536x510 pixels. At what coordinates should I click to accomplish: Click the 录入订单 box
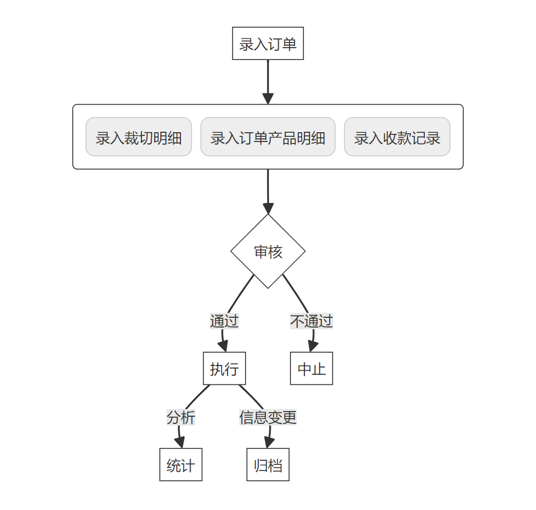(267, 44)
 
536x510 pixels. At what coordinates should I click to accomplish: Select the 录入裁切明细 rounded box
(138, 137)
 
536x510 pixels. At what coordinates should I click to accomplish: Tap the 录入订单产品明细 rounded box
(267, 137)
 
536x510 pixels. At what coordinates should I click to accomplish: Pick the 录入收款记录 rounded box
(397, 137)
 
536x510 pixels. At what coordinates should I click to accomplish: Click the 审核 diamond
(268, 251)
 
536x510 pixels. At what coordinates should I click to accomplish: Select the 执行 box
(224, 369)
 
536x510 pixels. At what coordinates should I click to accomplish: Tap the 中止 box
(312, 369)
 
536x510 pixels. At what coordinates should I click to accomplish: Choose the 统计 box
(181, 465)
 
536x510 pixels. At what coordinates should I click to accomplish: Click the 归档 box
(268, 465)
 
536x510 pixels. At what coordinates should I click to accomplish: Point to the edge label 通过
(224, 321)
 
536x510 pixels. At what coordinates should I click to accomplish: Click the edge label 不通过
(312, 321)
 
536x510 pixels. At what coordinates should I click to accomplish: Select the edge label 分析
(181, 418)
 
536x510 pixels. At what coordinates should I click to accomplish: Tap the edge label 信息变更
(268, 418)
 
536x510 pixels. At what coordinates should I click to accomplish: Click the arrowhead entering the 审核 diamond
(268, 209)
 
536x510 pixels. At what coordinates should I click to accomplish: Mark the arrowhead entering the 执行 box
(224, 346)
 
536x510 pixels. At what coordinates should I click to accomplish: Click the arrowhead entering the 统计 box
(180, 443)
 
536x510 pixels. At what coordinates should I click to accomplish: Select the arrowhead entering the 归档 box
(267, 443)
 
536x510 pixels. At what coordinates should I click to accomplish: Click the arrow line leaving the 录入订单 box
(268, 77)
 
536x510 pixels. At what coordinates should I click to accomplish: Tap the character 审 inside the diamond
(261, 252)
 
